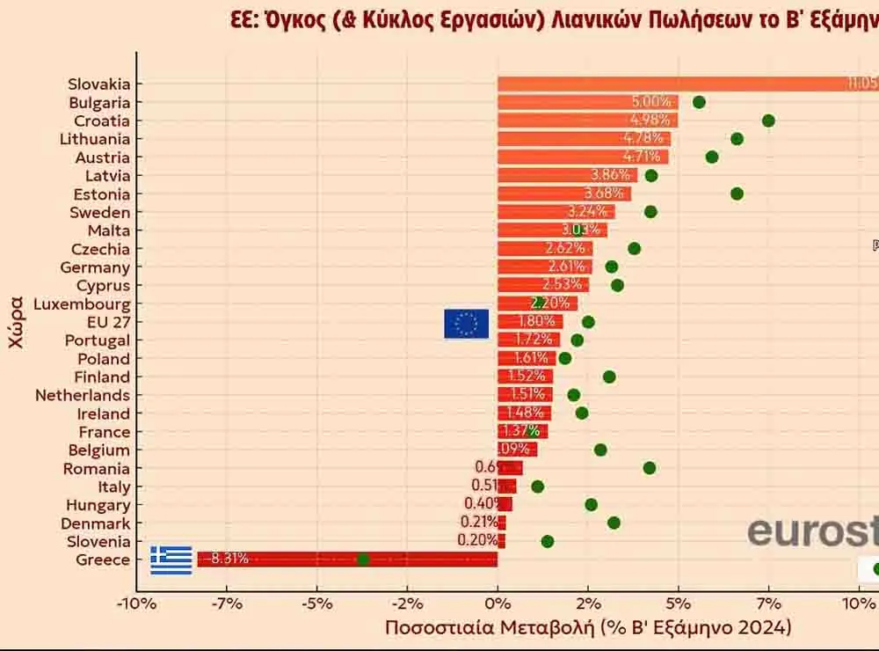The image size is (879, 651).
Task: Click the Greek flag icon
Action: click(171, 560)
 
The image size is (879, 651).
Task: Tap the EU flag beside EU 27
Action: click(466, 324)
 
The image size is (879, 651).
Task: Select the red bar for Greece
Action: click(422, 560)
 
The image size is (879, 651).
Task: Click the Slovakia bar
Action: click(686, 84)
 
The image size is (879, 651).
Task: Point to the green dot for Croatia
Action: click(768, 121)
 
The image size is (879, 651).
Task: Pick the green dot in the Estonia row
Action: click(737, 194)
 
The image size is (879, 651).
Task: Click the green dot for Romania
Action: click(650, 468)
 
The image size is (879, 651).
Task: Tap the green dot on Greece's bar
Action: click(363, 560)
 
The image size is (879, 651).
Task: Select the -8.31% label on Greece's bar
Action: click(227, 559)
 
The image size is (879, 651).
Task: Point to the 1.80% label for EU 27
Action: click(537, 322)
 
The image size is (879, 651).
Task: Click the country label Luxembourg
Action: click(82, 304)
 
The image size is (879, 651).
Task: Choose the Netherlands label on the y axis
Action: click(83, 396)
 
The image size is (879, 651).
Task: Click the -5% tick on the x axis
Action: click(317, 603)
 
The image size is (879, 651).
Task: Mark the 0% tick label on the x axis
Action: click(498, 603)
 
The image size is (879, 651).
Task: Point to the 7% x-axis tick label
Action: click(768, 603)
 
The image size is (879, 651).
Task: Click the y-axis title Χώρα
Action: click(16, 323)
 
